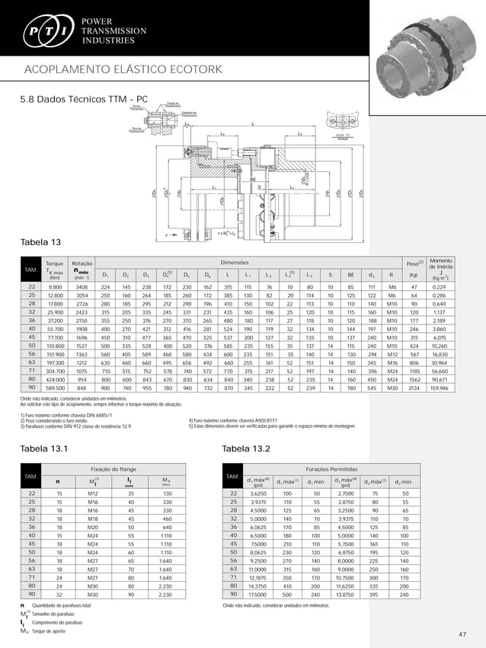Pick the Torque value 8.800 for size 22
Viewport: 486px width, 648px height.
pos(55,286)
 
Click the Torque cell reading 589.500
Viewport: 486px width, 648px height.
pos(55,388)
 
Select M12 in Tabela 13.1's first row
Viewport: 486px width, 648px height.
pos(93,494)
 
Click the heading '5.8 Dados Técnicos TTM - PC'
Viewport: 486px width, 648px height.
pos(84,98)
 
